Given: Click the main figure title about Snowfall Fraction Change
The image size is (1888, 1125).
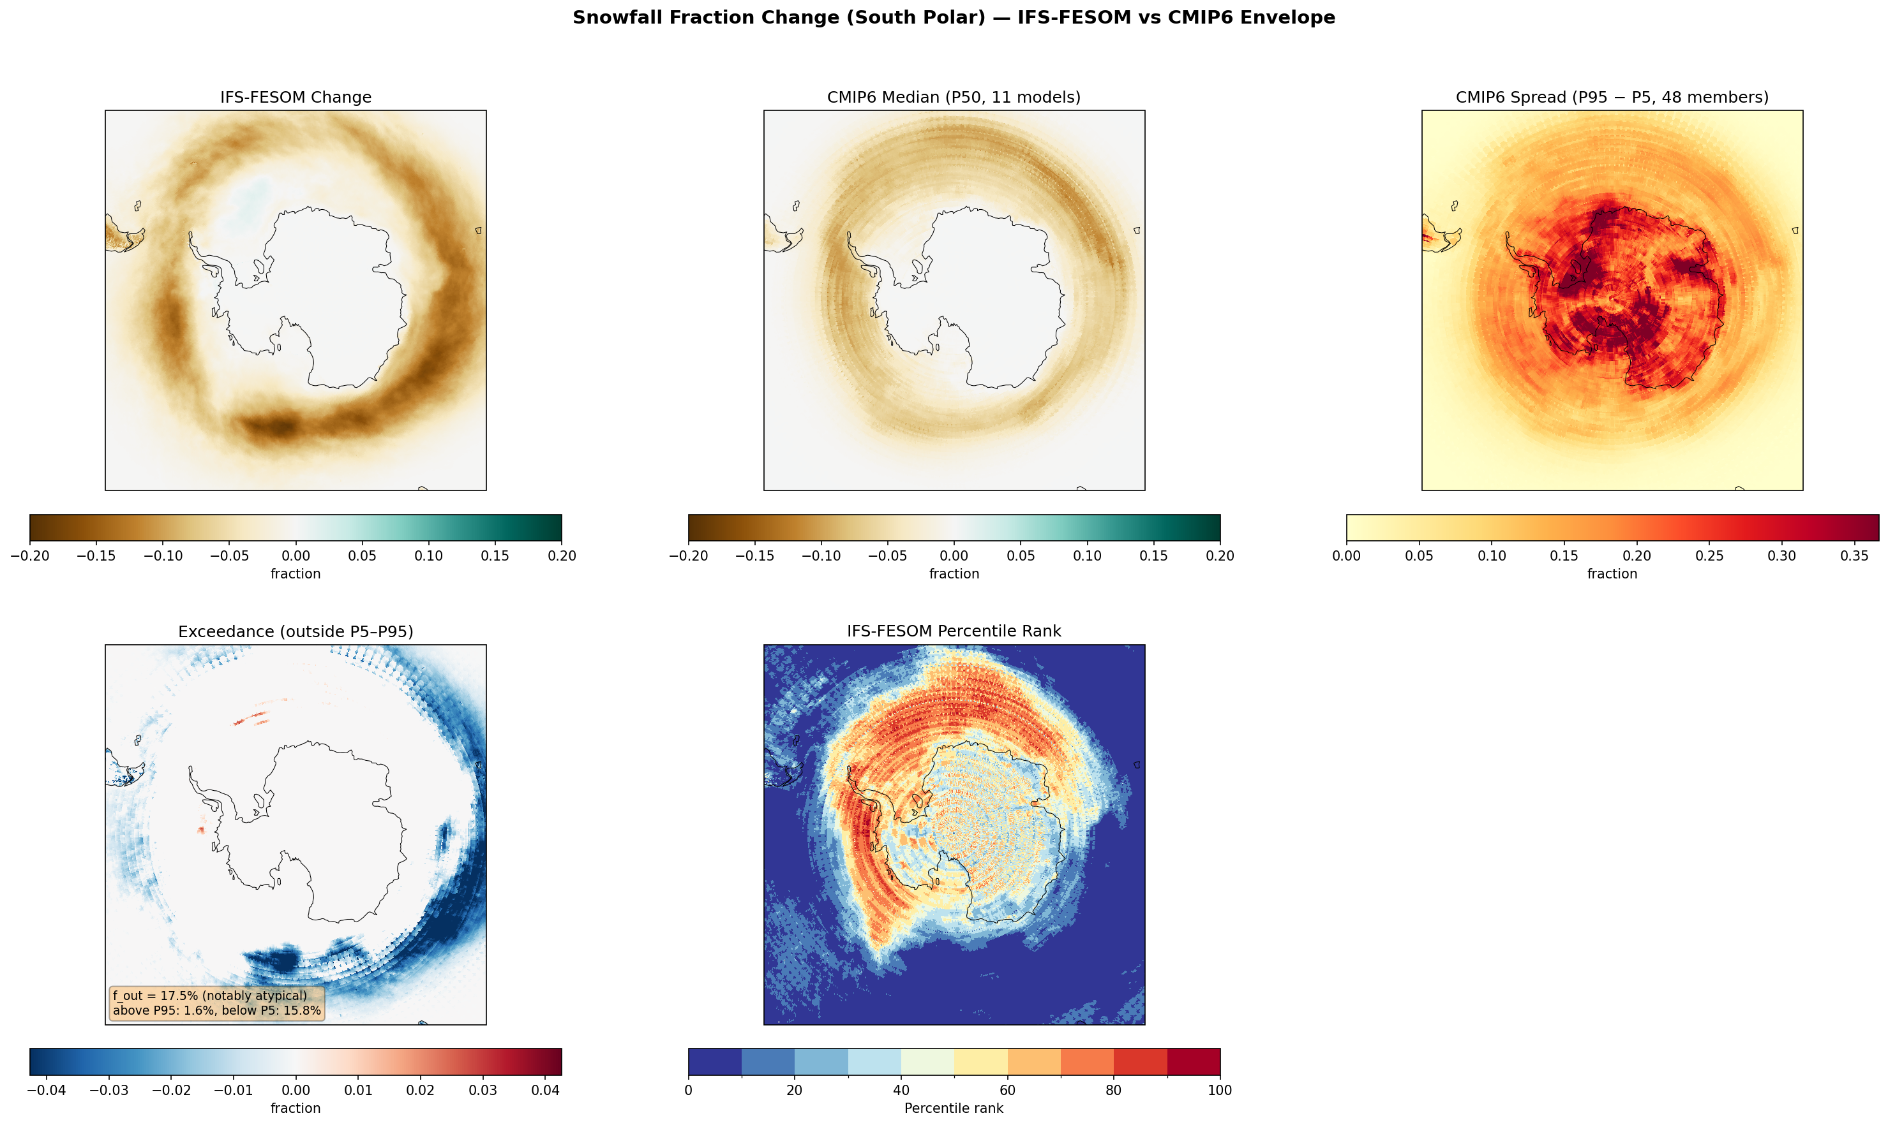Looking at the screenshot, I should pyautogui.click(x=954, y=17).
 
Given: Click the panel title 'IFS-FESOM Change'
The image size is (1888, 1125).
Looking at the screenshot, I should pyautogui.click(x=296, y=97).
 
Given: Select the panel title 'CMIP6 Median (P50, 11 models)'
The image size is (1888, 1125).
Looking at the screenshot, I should pyautogui.click(x=954, y=97).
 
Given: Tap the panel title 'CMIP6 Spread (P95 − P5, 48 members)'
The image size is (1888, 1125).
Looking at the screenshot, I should pyautogui.click(x=1612, y=97).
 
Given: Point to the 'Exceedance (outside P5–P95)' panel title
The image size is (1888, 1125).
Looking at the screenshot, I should pyautogui.click(x=296, y=631).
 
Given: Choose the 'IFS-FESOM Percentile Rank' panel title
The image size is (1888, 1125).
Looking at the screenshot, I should pyautogui.click(x=954, y=631).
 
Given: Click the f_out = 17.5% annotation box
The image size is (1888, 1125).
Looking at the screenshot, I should pyautogui.click(x=217, y=1003).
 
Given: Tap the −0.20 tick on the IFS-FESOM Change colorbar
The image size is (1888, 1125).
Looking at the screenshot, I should pyautogui.click(x=31, y=555).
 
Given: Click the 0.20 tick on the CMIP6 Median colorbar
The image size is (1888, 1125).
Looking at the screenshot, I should pyautogui.click(x=1220, y=555).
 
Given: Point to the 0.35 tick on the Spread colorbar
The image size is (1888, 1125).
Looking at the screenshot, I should pyautogui.click(x=1855, y=555).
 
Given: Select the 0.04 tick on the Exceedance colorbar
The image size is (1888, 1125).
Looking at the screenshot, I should pyautogui.click(x=544, y=1090).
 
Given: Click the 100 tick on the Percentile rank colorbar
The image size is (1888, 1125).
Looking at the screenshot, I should pyautogui.click(x=1220, y=1090).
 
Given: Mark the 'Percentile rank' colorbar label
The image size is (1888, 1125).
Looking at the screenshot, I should pyautogui.click(x=954, y=1108).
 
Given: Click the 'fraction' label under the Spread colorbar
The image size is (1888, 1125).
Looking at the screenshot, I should pyautogui.click(x=1612, y=574).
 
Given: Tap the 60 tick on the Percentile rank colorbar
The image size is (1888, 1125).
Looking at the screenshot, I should pyautogui.click(x=1007, y=1090).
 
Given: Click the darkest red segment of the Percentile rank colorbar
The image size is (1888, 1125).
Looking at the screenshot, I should pyautogui.click(x=1193, y=1061).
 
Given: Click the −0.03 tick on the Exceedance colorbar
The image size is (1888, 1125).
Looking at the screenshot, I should pyautogui.click(x=109, y=1090).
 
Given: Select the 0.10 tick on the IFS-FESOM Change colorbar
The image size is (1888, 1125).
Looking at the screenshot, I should pyautogui.click(x=428, y=555).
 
